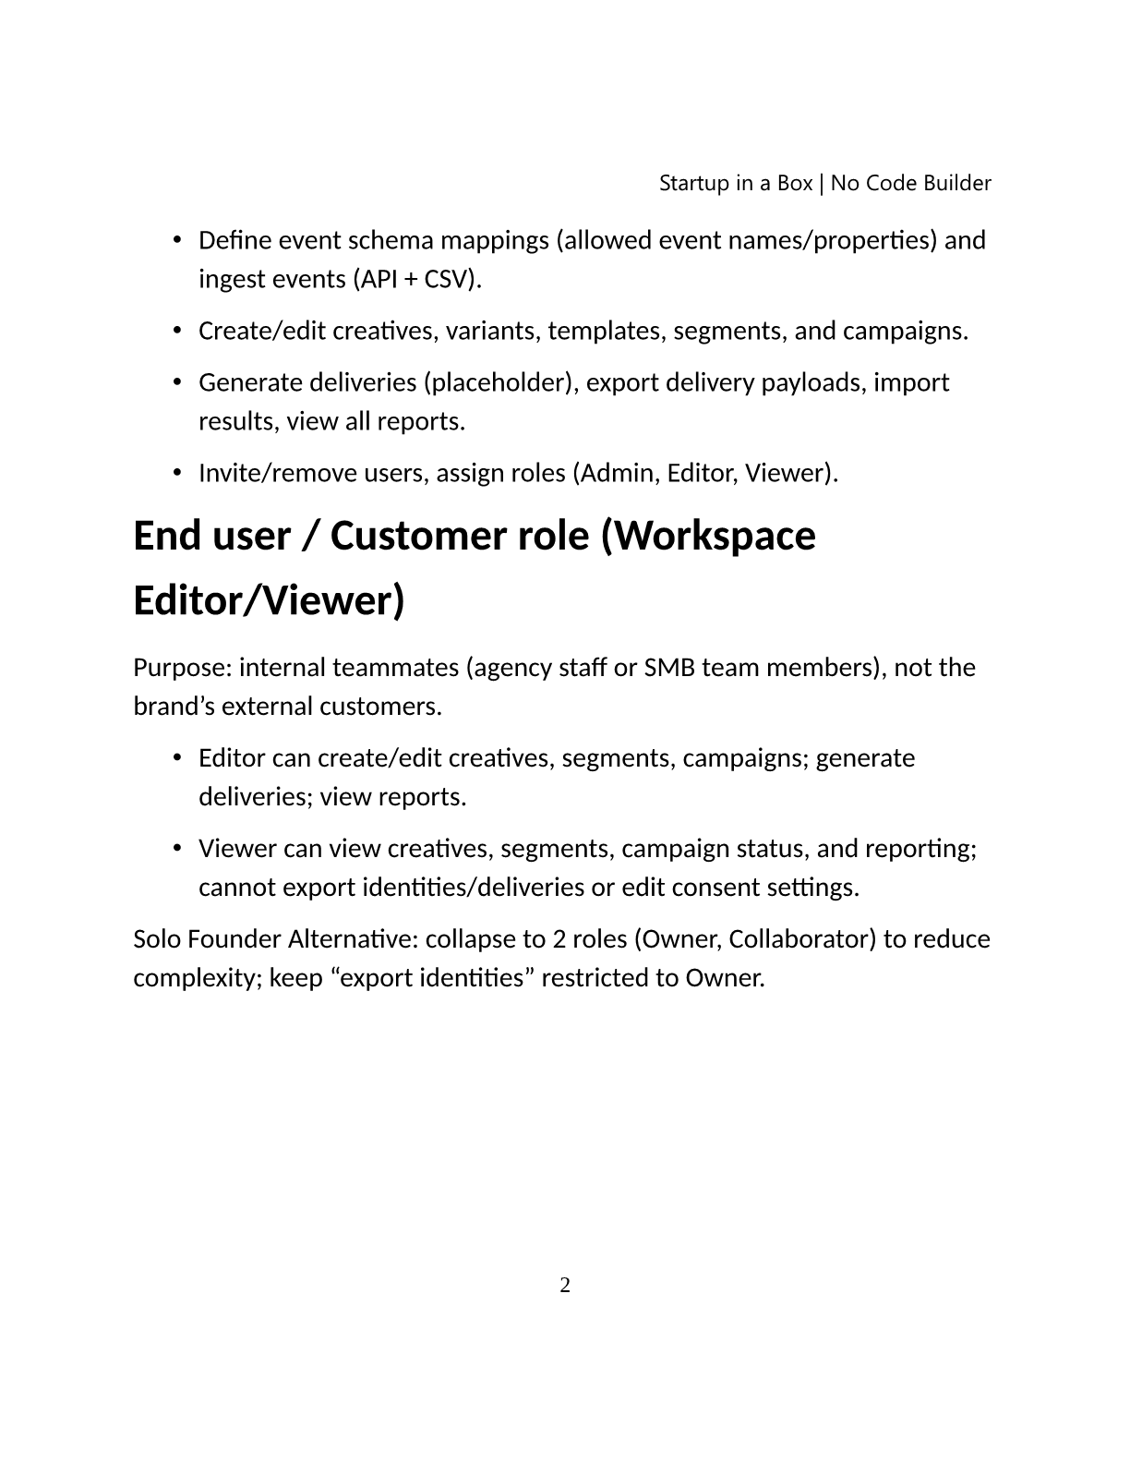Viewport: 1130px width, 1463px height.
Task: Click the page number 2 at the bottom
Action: point(565,1285)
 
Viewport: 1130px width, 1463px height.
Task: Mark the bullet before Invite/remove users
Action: point(176,473)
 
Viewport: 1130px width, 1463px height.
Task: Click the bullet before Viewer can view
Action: point(176,849)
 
